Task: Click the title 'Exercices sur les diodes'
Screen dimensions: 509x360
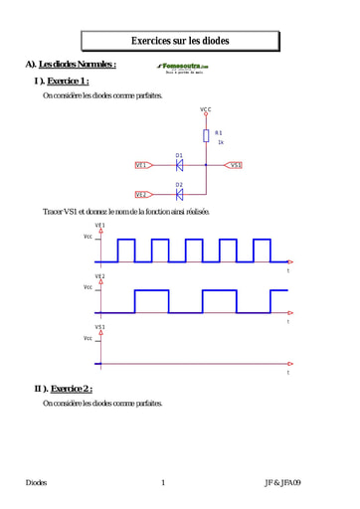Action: click(180, 41)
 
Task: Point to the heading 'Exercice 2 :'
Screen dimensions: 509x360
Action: click(70, 388)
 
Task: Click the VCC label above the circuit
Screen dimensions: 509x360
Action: click(206, 109)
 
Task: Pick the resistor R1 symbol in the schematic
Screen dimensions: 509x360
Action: click(206, 134)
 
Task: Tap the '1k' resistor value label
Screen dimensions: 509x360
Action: click(221, 142)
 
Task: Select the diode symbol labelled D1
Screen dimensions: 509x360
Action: click(179, 165)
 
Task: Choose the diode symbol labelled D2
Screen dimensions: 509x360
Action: click(179, 194)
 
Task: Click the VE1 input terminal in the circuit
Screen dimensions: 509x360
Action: click(142, 165)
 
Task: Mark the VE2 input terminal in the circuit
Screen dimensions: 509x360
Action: click(142, 195)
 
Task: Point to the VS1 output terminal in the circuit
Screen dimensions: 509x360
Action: click(235, 165)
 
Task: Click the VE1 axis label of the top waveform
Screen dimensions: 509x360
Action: click(100, 226)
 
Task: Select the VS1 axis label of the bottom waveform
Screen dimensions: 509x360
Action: click(100, 326)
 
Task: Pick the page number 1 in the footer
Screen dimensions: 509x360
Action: click(162, 482)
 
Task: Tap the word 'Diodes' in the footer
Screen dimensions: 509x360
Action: click(37, 482)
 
